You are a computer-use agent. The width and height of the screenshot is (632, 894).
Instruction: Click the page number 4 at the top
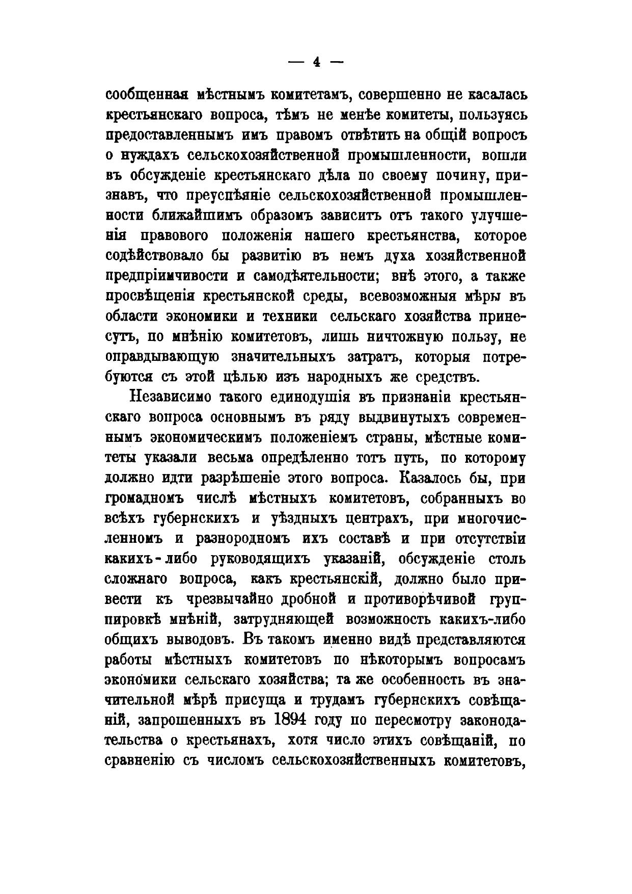(x=316, y=62)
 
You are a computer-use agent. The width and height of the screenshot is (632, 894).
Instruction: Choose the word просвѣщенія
(x=150, y=297)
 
